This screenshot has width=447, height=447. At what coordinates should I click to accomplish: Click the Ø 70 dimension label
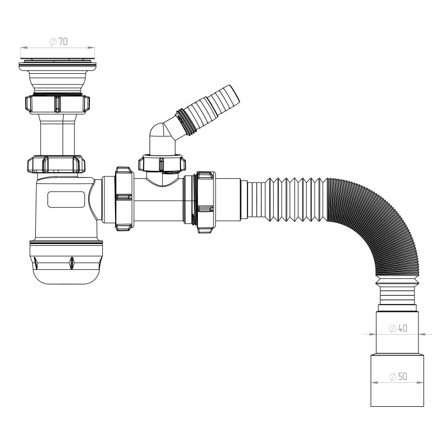click(x=59, y=41)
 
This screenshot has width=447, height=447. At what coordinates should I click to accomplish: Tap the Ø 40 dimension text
click(x=398, y=329)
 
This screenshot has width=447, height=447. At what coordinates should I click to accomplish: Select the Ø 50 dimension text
click(x=398, y=377)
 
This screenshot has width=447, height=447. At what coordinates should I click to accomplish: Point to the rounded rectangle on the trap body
click(x=66, y=199)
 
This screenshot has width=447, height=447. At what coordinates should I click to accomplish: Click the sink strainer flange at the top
click(x=58, y=65)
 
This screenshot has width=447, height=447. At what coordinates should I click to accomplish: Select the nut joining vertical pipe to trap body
click(x=56, y=164)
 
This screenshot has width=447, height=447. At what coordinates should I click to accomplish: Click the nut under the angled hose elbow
click(x=162, y=163)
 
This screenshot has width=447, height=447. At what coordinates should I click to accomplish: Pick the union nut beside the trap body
click(x=124, y=199)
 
